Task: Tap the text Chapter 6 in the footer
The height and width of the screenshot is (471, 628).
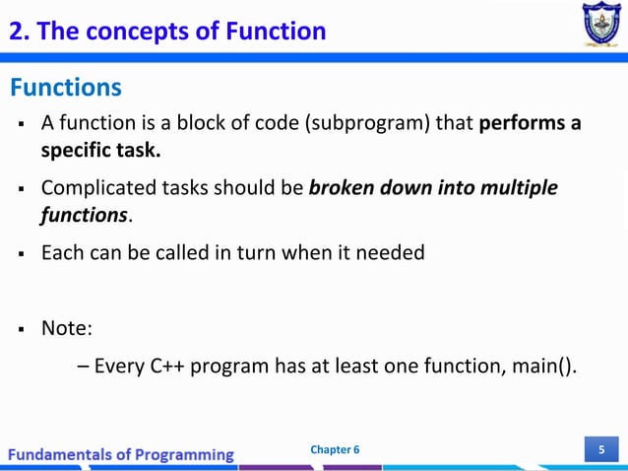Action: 335,450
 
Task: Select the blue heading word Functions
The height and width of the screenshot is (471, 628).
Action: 66,89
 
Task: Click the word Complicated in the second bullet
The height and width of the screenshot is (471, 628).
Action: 100,188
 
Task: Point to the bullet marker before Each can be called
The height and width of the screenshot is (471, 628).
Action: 19,253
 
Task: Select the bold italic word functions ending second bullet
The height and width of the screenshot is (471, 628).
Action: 84,214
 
